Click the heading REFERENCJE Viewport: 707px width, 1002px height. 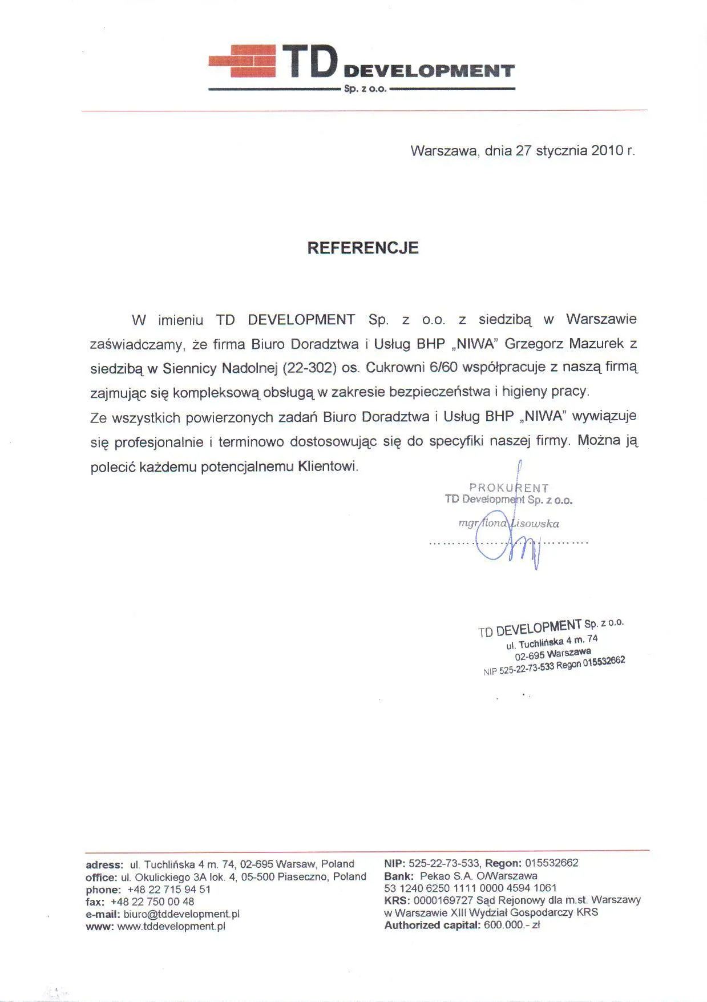[x=363, y=248]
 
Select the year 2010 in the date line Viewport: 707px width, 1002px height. [x=606, y=151]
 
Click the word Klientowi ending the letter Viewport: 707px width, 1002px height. [x=328, y=466]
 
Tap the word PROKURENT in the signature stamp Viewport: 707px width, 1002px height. [x=508, y=488]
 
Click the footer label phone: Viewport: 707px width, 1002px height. [x=103, y=890]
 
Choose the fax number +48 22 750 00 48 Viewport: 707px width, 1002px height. [x=152, y=902]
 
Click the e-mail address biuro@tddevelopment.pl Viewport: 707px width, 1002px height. [x=181, y=914]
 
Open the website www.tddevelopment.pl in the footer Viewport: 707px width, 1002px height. [x=171, y=927]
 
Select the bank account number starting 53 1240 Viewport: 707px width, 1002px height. [x=470, y=888]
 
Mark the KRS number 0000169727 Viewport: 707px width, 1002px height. [x=437, y=900]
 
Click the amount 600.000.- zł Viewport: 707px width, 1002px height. [x=511, y=925]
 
